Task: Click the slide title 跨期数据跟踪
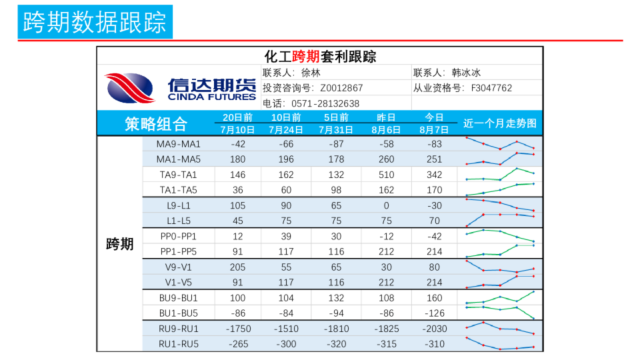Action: pos(94,22)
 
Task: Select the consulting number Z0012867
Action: pos(341,88)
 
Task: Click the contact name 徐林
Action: pos(311,73)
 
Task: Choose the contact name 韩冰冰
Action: pos(466,73)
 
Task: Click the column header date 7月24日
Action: pos(287,129)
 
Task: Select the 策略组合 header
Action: pos(156,123)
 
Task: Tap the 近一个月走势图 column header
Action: pos(500,123)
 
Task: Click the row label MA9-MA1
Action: pos(179,144)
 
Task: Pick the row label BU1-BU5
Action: pos(179,313)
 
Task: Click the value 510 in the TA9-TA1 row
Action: pos(386,175)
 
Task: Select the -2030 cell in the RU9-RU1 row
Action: pos(435,329)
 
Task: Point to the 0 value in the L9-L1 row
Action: pos(386,205)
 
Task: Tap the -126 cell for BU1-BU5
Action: pos(435,313)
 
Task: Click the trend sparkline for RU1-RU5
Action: pos(500,344)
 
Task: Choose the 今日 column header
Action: pos(435,117)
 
